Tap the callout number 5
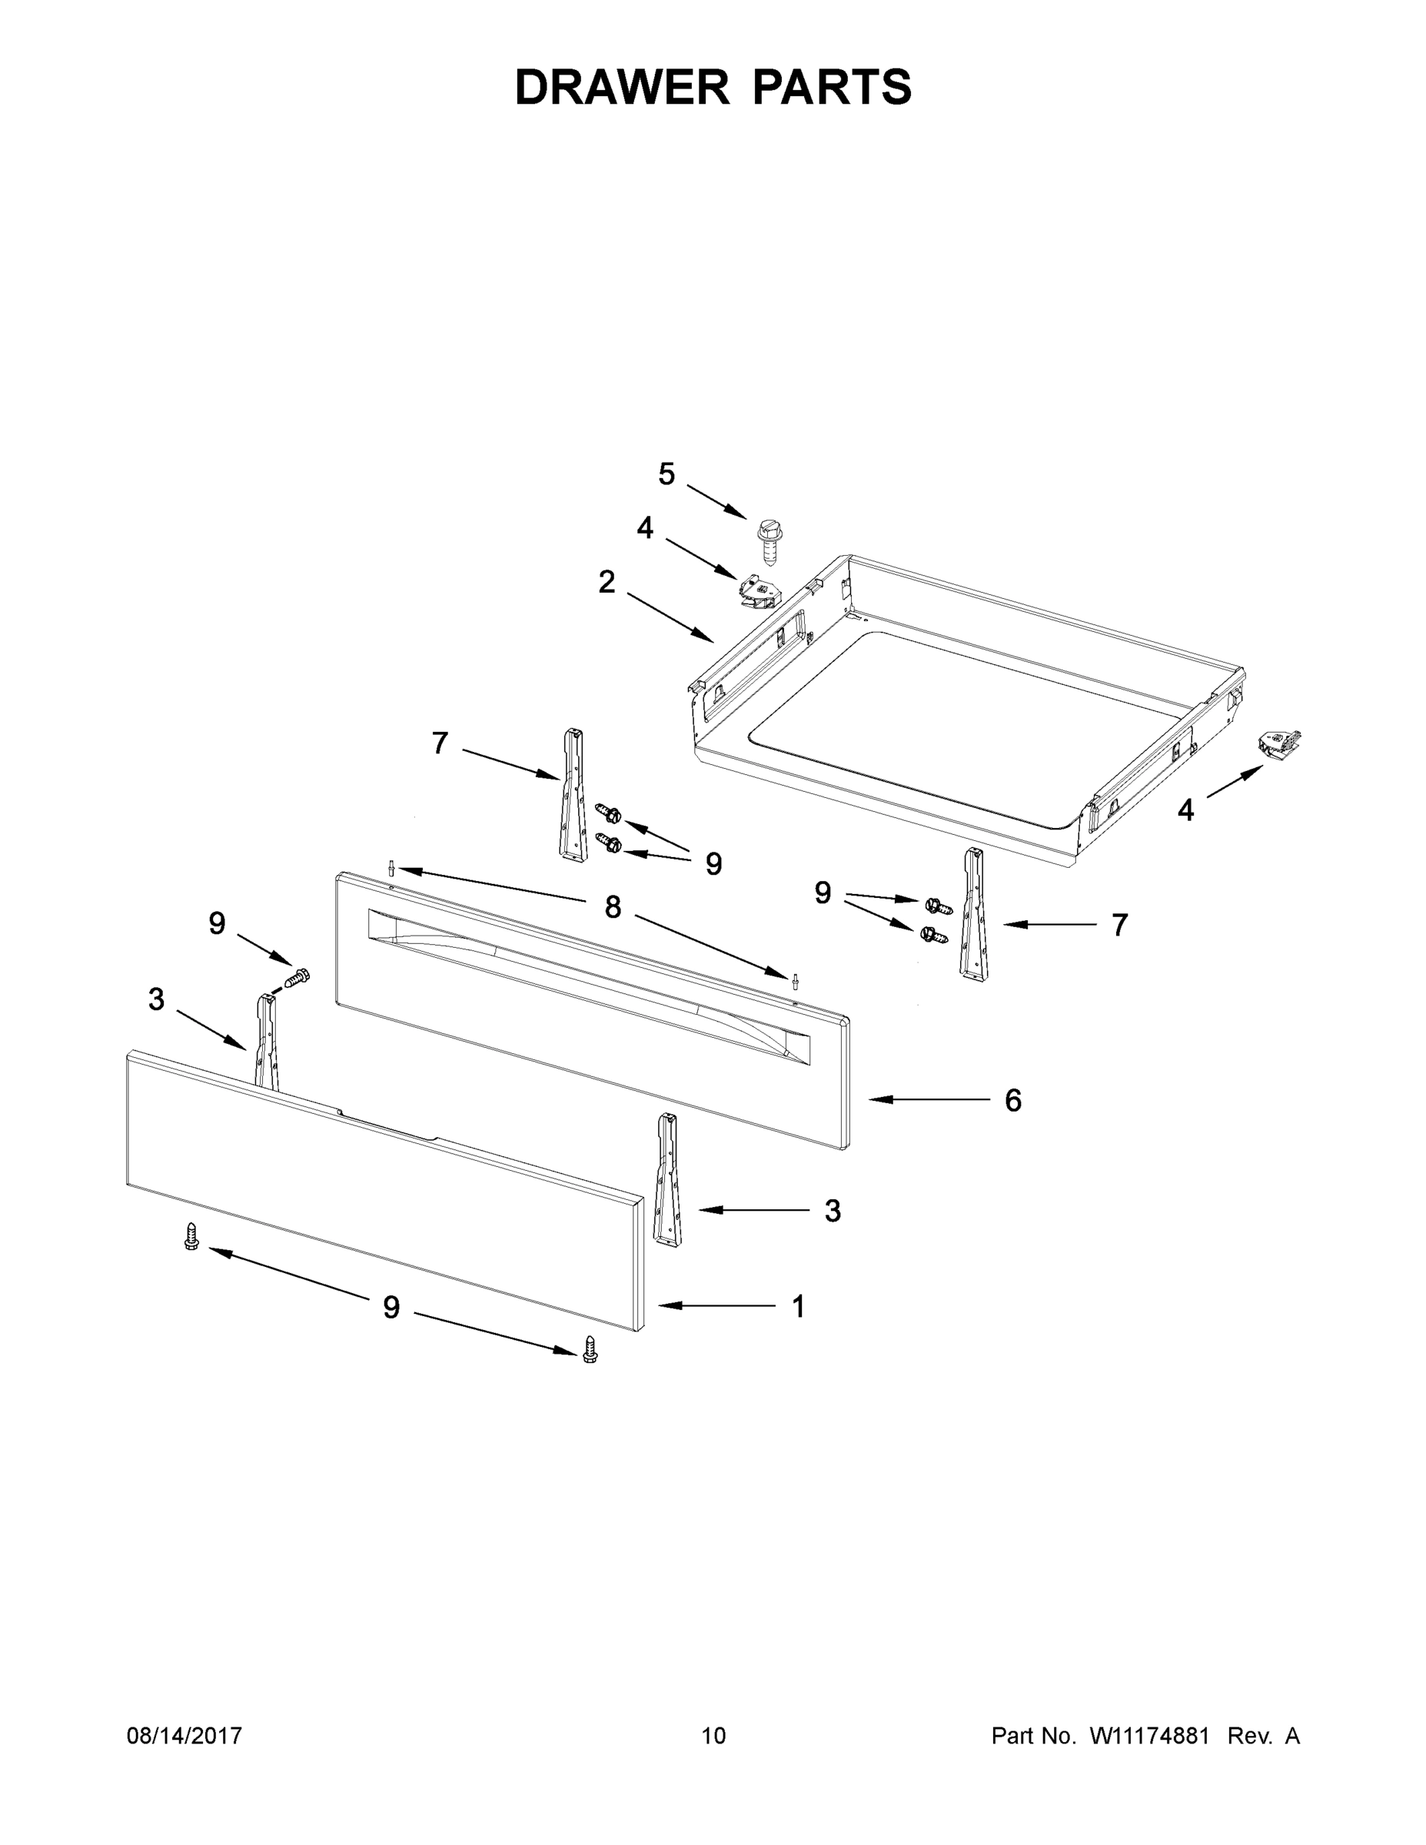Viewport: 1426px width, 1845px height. tap(666, 475)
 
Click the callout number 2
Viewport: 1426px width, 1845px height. tap(607, 582)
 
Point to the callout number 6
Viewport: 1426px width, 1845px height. tap(1013, 1100)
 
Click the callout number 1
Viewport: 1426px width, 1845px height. tap(798, 1306)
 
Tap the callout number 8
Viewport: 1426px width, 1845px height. tap(613, 907)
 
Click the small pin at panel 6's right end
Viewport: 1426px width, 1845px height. tap(794, 980)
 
